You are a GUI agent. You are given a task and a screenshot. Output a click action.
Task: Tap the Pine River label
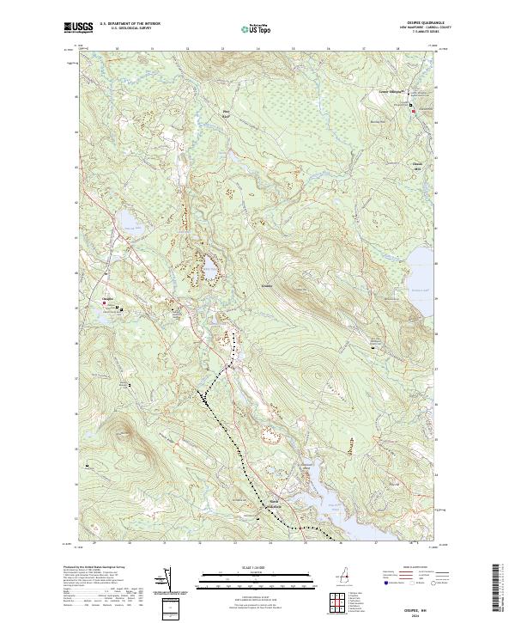[x=227, y=113]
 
